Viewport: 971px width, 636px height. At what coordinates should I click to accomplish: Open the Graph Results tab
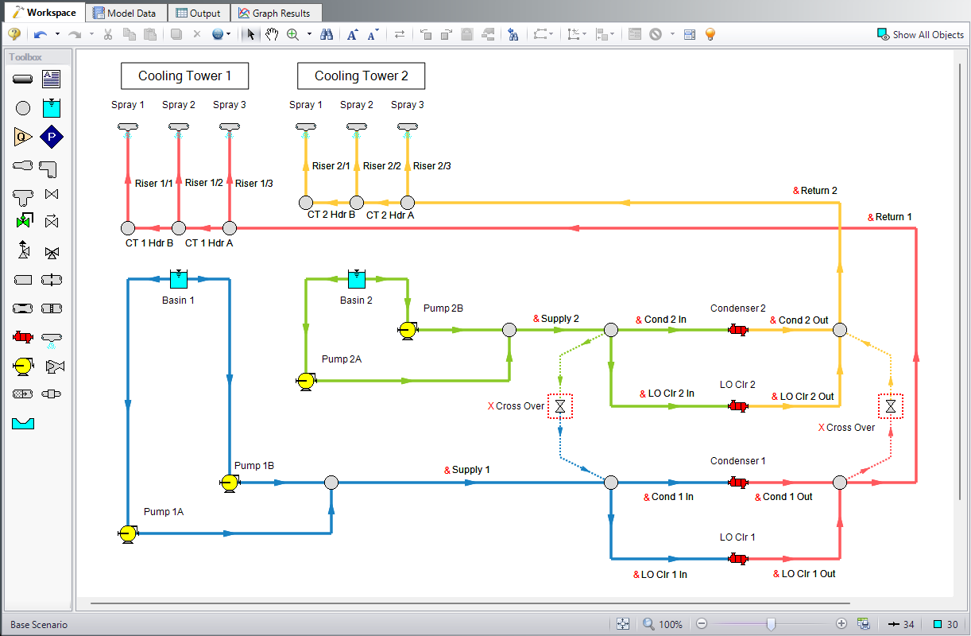tap(276, 13)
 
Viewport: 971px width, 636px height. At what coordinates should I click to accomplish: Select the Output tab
tap(199, 13)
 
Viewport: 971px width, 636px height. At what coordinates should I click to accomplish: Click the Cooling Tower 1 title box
tap(184, 76)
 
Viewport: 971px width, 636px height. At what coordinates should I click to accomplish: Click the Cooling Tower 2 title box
tap(361, 76)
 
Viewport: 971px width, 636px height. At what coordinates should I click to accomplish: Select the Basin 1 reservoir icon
tap(179, 279)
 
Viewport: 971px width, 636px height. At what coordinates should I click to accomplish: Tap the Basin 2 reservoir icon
tap(357, 279)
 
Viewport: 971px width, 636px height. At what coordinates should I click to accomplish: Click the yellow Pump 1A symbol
tap(126, 533)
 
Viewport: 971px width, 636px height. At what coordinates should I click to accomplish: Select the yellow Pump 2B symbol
tap(407, 330)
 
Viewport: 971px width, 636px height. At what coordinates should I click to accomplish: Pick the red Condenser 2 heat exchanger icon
tap(738, 330)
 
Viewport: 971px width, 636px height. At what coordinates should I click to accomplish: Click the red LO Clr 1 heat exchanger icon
tap(738, 559)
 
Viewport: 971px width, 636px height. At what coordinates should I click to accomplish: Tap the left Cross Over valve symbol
tap(560, 406)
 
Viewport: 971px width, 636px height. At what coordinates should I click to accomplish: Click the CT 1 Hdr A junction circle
tap(230, 228)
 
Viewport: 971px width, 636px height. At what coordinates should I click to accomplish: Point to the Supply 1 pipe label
tap(470, 470)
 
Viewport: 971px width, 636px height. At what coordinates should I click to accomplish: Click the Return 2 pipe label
tap(818, 191)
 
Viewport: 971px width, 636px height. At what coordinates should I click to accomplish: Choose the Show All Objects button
tap(920, 34)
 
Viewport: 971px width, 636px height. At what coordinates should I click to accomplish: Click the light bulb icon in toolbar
tap(710, 34)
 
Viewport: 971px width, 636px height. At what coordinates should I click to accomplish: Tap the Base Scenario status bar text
tap(39, 624)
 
